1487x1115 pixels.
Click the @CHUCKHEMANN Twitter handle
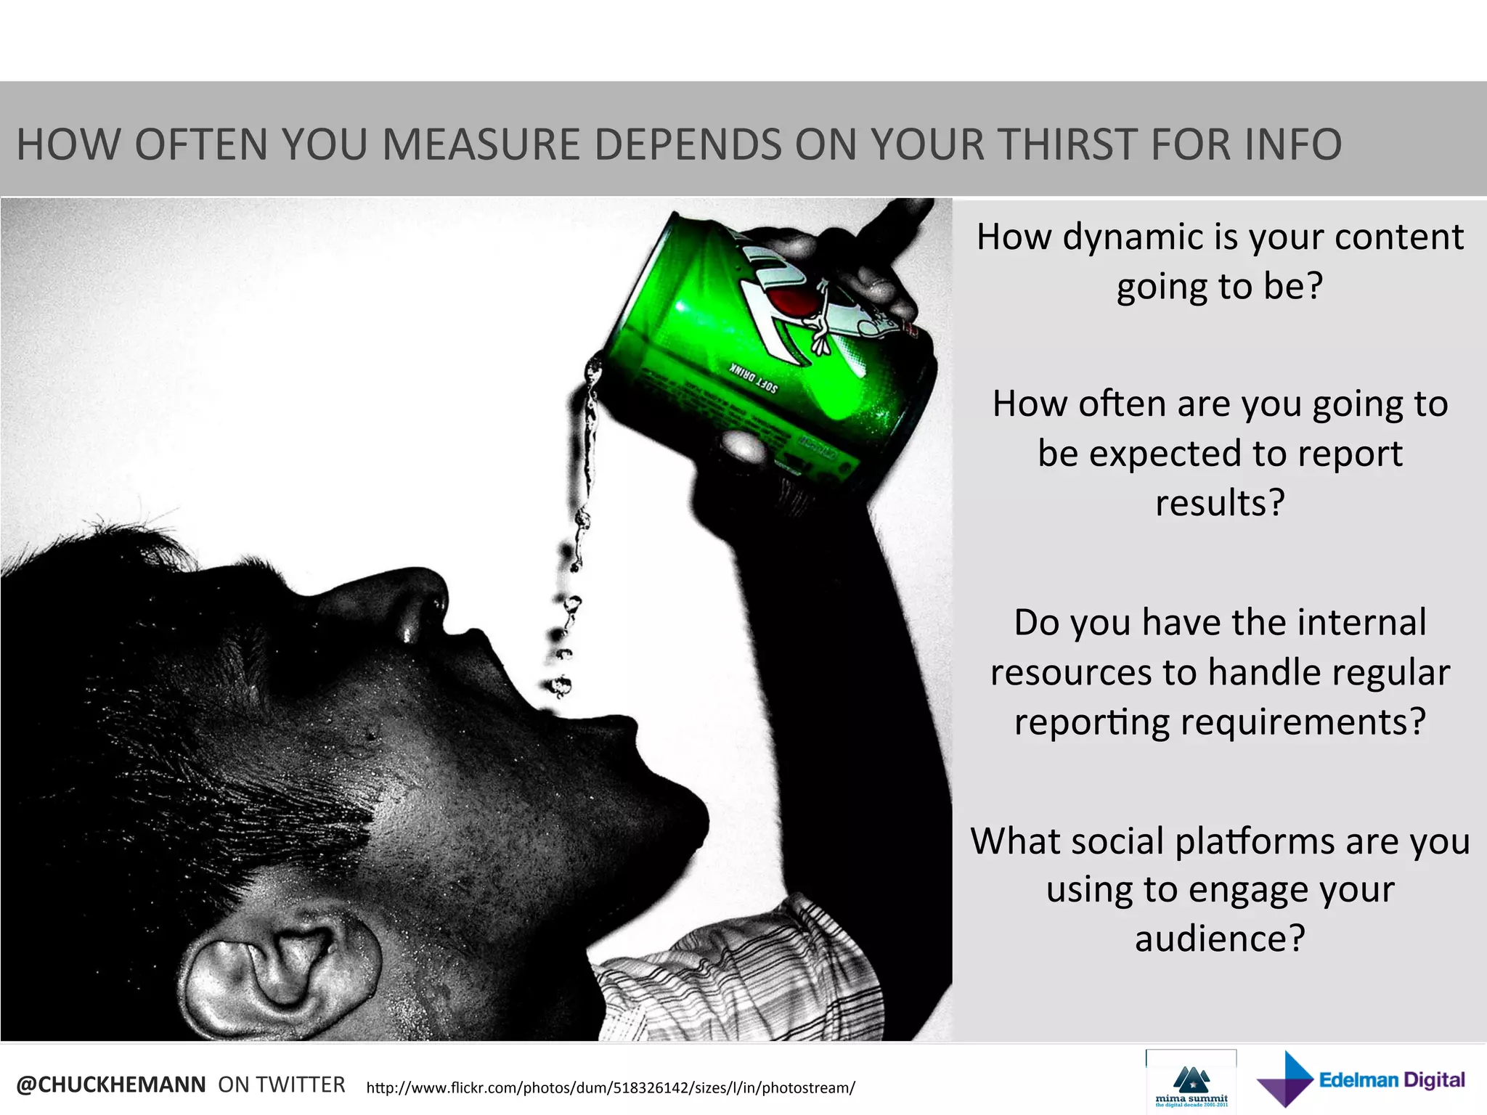point(111,1085)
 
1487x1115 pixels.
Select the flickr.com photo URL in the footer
point(611,1087)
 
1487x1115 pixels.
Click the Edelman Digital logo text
point(1391,1080)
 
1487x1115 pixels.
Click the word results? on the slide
point(1220,502)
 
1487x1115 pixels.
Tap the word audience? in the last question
point(1220,938)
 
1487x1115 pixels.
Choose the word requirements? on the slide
point(1303,722)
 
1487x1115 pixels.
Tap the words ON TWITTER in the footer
point(282,1085)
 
